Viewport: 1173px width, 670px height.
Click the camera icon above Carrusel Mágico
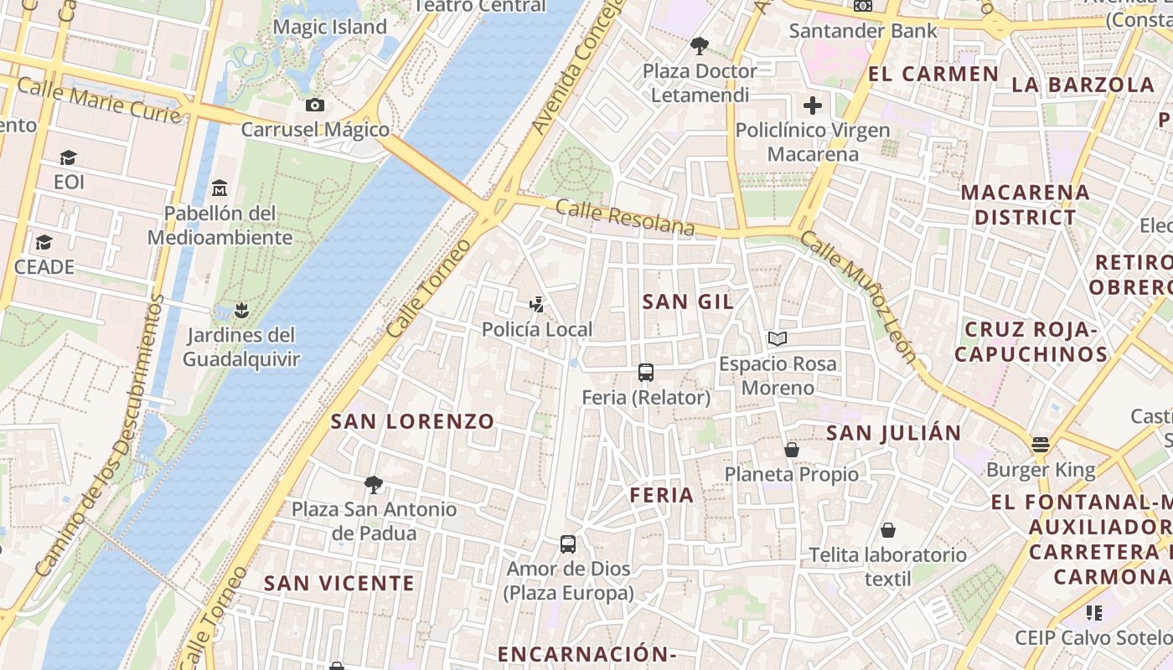coord(315,105)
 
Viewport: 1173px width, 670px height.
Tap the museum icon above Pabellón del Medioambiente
coord(220,187)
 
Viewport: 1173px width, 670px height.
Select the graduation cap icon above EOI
coord(68,157)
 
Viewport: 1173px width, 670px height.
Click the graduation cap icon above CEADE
coord(44,242)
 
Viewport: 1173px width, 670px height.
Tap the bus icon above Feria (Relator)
coord(646,373)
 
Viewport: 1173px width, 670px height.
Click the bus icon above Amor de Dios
coord(568,544)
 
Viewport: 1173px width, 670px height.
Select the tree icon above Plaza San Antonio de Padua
coord(374,484)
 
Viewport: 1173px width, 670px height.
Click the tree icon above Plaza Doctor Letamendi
coord(700,46)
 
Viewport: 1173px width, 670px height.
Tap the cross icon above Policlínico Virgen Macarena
coord(812,106)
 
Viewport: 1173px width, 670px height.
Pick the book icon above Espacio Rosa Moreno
coord(778,338)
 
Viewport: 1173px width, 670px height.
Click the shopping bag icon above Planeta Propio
coord(792,450)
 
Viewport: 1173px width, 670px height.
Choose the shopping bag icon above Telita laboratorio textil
coord(888,530)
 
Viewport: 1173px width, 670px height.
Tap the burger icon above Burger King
coord(1041,445)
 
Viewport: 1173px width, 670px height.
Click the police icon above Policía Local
coord(537,305)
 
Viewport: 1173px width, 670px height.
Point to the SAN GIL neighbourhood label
coord(688,302)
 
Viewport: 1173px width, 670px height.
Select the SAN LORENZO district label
coord(412,421)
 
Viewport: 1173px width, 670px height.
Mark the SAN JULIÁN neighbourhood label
coord(894,433)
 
